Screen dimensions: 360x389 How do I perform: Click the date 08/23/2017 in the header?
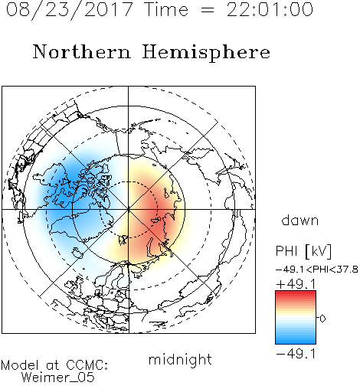pyautogui.click(x=70, y=9)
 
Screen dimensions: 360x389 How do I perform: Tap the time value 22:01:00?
pyautogui.click(x=270, y=9)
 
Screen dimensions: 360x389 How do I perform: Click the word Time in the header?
pyautogui.click(x=166, y=9)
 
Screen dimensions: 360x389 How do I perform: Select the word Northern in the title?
pyautogui.click(x=82, y=51)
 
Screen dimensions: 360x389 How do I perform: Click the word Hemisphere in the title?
pyautogui.click(x=206, y=53)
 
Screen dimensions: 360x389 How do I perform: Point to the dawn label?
pyautogui.click(x=300, y=220)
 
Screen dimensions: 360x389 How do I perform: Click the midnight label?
pyautogui.click(x=180, y=359)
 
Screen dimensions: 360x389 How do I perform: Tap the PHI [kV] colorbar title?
pyautogui.click(x=303, y=251)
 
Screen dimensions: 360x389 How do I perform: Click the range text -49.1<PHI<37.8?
pyautogui.click(x=317, y=270)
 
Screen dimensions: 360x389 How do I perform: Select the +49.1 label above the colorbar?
pyautogui.click(x=296, y=283)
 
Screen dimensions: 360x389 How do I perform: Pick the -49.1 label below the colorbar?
pyautogui.click(x=296, y=354)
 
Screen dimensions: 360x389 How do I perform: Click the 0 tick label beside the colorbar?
pyautogui.click(x=322, y=319)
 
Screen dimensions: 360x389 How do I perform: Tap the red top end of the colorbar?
pyautogui.click(x=296, y=293)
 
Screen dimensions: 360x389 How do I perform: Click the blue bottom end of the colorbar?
pyautogui.click(x=296, y=342)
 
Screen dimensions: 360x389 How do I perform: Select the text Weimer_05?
pyautogui.click(x=58, y=378)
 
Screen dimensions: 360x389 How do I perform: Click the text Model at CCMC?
pyautogui.click(x=54, y=365)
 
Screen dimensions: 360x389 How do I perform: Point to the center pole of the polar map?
pyautogui.click(x=129, y=209)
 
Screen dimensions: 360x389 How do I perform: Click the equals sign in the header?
pyautogui.click(x=208, y=10)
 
